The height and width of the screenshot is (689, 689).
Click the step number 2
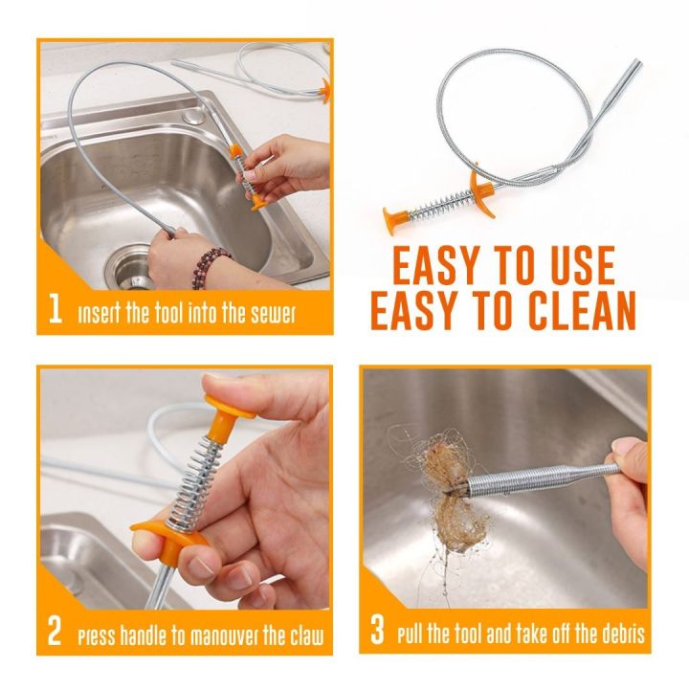tap(56, 633)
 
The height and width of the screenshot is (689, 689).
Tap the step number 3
tap(378, 633)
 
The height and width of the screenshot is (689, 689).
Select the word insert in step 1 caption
tap(99, 312)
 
